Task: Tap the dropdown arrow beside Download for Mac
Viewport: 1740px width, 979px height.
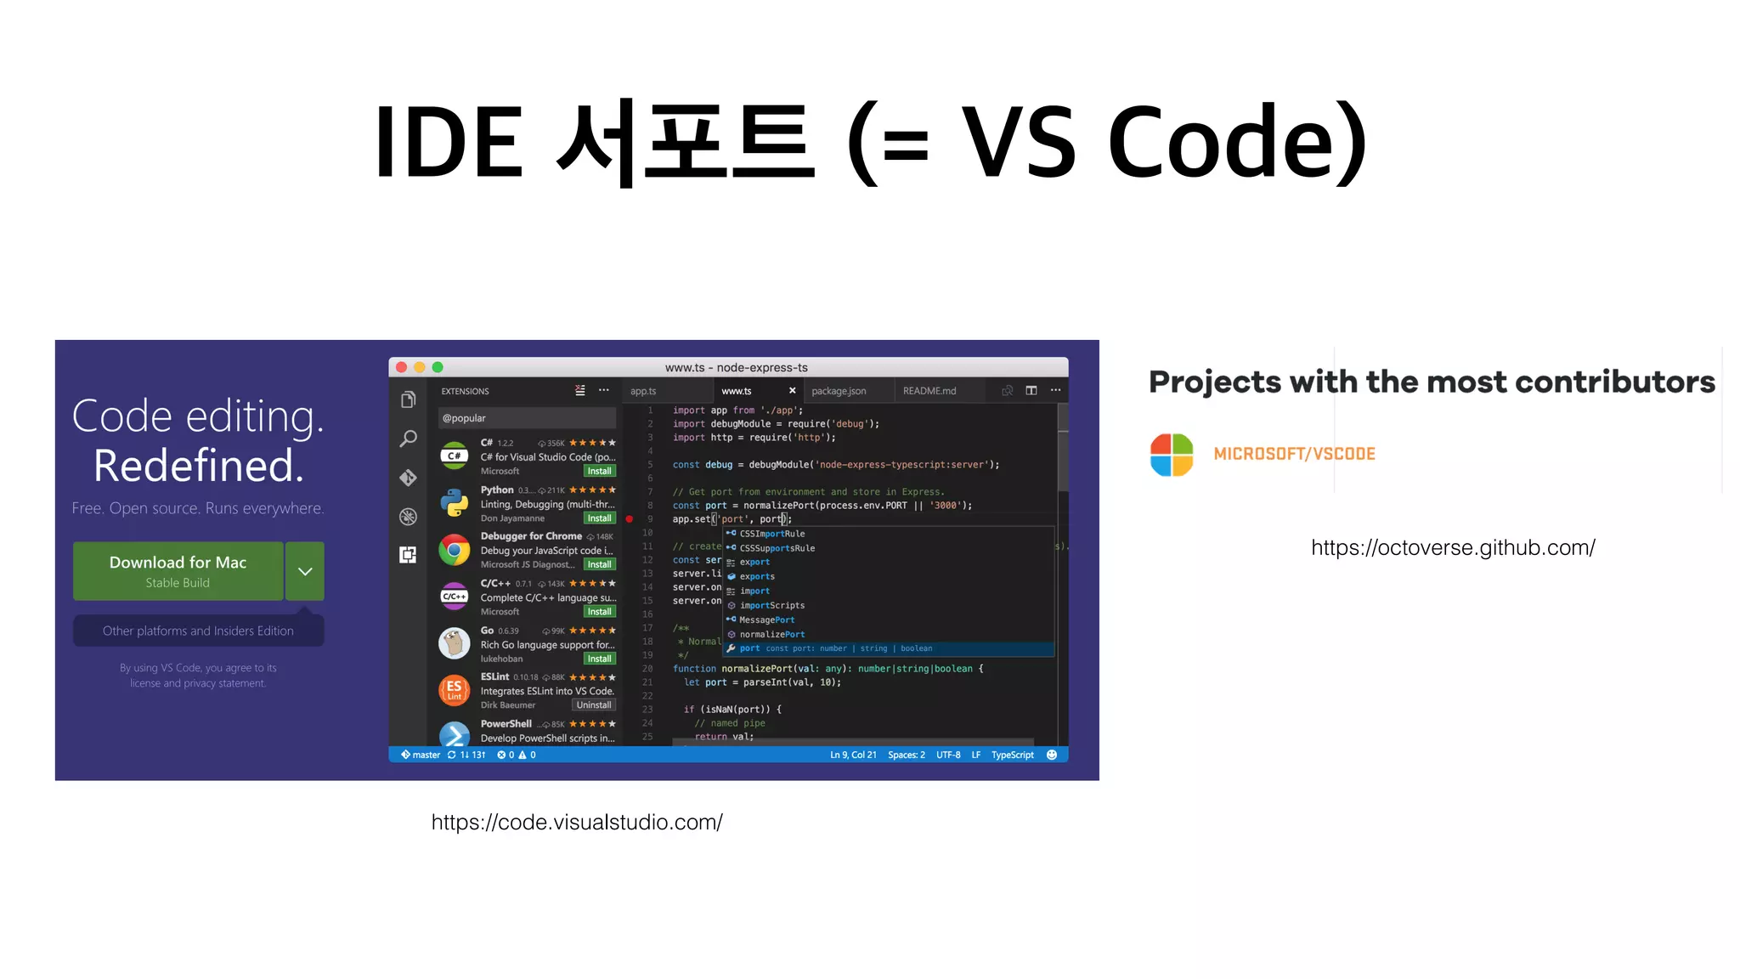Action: point(305,571)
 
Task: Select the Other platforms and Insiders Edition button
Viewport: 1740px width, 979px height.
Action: point(198,631)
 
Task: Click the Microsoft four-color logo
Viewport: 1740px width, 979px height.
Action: point(1172,455)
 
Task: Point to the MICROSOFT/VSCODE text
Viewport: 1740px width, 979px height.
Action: point(1294,454)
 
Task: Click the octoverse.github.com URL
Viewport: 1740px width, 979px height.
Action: point(1453,548)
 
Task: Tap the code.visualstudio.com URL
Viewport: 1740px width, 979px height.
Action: point(577,823)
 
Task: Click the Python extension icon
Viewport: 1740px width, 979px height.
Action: point(455,503)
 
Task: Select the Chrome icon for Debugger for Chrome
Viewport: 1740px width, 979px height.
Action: point(455,550)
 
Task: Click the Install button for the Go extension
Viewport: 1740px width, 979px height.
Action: point(599,659)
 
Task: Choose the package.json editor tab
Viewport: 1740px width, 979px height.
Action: point(839,391)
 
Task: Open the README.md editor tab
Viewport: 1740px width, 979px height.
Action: point(929,391)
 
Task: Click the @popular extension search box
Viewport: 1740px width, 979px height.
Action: point(527,418)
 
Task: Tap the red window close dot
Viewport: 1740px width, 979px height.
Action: point(401,367)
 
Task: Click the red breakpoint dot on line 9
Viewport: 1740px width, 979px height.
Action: point(630,518)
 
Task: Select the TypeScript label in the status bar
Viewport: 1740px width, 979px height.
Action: point(1012,755)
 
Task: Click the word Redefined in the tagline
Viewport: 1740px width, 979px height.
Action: point(198,466)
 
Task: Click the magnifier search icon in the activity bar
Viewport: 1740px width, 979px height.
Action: point(408,439)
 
